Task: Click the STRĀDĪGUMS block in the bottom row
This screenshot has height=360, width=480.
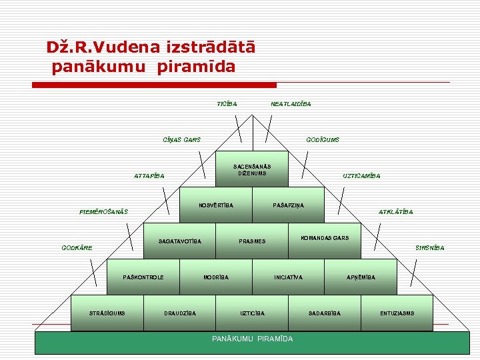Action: pyautogui.click(x=107, y=313)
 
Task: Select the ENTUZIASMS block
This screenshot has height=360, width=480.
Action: pyautogui.click(x=397, y=313)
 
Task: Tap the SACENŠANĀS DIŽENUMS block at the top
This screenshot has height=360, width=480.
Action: pyautogui.click(x=252, y=169)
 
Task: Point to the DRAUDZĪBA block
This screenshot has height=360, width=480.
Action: pyautogui.click(x=180, y=313)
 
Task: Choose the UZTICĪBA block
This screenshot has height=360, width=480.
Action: pyautogui.click(x=252, y=313)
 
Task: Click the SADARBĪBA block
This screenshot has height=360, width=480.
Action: pyautogui.click(x=325, y=313)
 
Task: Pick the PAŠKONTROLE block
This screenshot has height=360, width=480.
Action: pyautogui.click(x=143, y=277)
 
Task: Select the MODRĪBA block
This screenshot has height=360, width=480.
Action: pyautogui.click(x=216, y=277)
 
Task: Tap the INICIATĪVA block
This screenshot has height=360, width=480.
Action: pyautogui.click(x=288, y=277)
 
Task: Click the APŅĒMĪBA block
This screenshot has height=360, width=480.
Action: pyautogui.click(x=361, y=277)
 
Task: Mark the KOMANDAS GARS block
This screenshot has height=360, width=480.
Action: pyautogui.click(x=325, y=238)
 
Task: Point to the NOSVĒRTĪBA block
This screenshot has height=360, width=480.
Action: pyautogui.click(x=216, y=205)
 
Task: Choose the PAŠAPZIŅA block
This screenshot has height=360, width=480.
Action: pyautogui.click(x=288, y=205)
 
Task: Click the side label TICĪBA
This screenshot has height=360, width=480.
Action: pyautogui.click(x=227, y=103)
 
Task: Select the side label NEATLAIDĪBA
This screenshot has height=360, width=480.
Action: pyautogui.click(x=291, y=103)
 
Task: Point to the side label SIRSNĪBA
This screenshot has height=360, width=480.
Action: pyautogui.click(x=429, y=248)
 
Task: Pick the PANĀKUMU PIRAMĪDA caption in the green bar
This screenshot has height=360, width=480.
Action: pyautogui.click(x=252, y=339)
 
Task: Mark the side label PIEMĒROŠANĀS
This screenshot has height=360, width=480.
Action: pyautogui.click(x=103, y=212)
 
